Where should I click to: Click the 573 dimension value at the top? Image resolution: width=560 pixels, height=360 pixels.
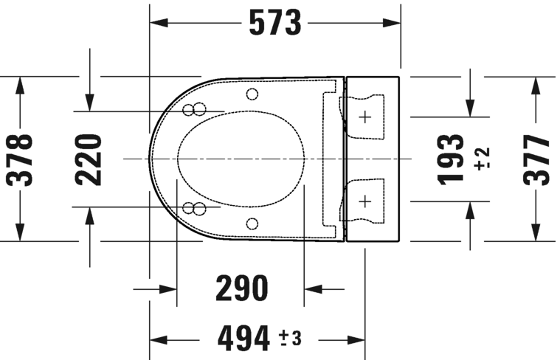(x=275, y=24)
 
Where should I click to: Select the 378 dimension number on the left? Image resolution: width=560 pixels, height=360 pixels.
(x=21, y=159)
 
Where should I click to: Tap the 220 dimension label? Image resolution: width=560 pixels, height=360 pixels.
(x=89, y=159)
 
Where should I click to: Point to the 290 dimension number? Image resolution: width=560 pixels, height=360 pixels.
(x=241, y=288)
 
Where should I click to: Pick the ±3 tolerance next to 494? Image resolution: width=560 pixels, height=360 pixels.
(x=290, y=339)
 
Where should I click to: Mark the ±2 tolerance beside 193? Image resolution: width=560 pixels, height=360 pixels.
(x=482, y=159)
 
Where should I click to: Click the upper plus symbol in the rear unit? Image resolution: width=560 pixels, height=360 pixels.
(x=366, y=117)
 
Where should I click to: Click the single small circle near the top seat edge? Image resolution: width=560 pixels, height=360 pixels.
(x=252, y=94)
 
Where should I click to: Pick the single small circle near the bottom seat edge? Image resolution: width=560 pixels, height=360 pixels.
(x=252, y=224)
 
